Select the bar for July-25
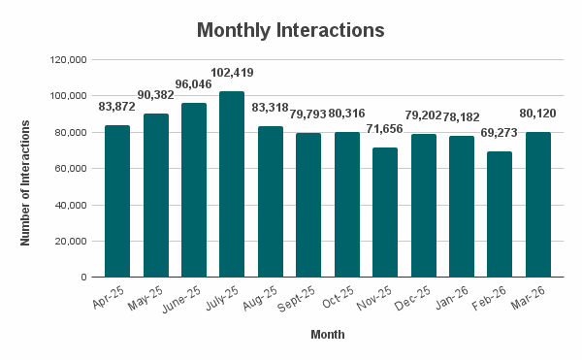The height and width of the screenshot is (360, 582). [232, 184]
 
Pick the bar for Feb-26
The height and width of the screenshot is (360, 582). [499, 214]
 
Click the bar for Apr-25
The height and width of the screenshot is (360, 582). [117, 201]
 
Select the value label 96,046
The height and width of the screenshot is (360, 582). [194, 83]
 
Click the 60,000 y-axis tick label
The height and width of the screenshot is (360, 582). [71, 169]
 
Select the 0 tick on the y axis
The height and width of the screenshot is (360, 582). [85, 278]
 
